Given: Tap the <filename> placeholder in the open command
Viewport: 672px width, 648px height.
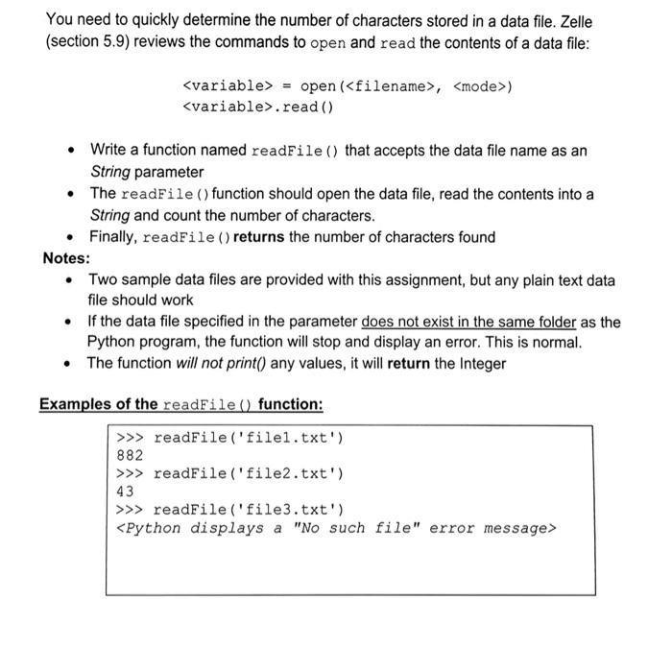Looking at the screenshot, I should (387, 87).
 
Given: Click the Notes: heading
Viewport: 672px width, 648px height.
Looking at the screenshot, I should (66, 258).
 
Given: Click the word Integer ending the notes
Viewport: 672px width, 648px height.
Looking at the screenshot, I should (476, 363).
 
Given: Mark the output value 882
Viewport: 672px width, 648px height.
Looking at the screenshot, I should (129, 456).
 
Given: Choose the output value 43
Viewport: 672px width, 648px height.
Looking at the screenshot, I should (125, 492).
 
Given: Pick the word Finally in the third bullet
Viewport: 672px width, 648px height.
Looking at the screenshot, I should (113, 237).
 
